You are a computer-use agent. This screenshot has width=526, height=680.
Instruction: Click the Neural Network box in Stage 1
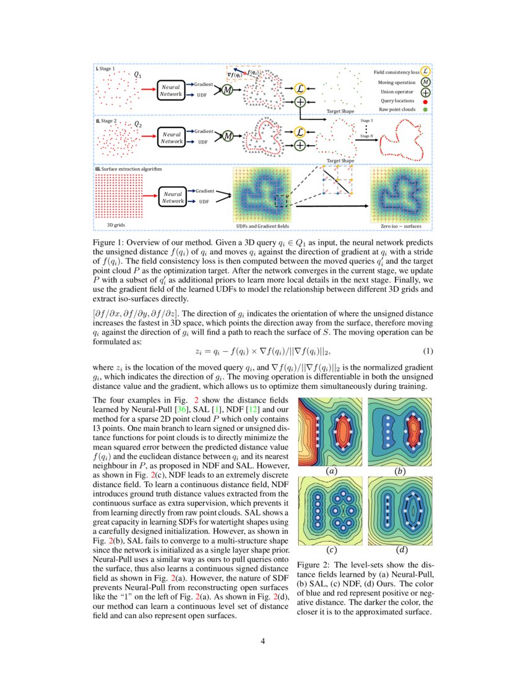pyautogui.click(x=171, y=91)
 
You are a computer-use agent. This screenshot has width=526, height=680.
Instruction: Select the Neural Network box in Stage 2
pyautogui.click(x=171, y=137)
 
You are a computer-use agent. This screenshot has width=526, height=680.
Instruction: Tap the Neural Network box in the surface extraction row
pyautogui.click(x=171, y=197)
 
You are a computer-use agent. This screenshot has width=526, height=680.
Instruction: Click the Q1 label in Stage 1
pyautogui.click(x=137, y=75)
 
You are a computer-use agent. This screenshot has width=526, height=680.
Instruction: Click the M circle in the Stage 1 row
pyautogui.click(x=226, y=91)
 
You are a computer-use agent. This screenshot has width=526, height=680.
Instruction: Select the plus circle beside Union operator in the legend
pyautogui.click(x=425, y=91)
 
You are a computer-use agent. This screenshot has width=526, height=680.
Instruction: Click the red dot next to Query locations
pyautogui.click(x=425, y=101)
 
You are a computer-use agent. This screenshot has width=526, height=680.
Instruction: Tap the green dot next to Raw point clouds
pyautogui.click(x=425, y=110)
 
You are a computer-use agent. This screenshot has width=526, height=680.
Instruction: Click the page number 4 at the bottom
pyautogui.click(x=263, y=640)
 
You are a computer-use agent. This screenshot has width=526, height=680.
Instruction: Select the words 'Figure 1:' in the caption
pyautogui.click(x=108, y=243)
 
